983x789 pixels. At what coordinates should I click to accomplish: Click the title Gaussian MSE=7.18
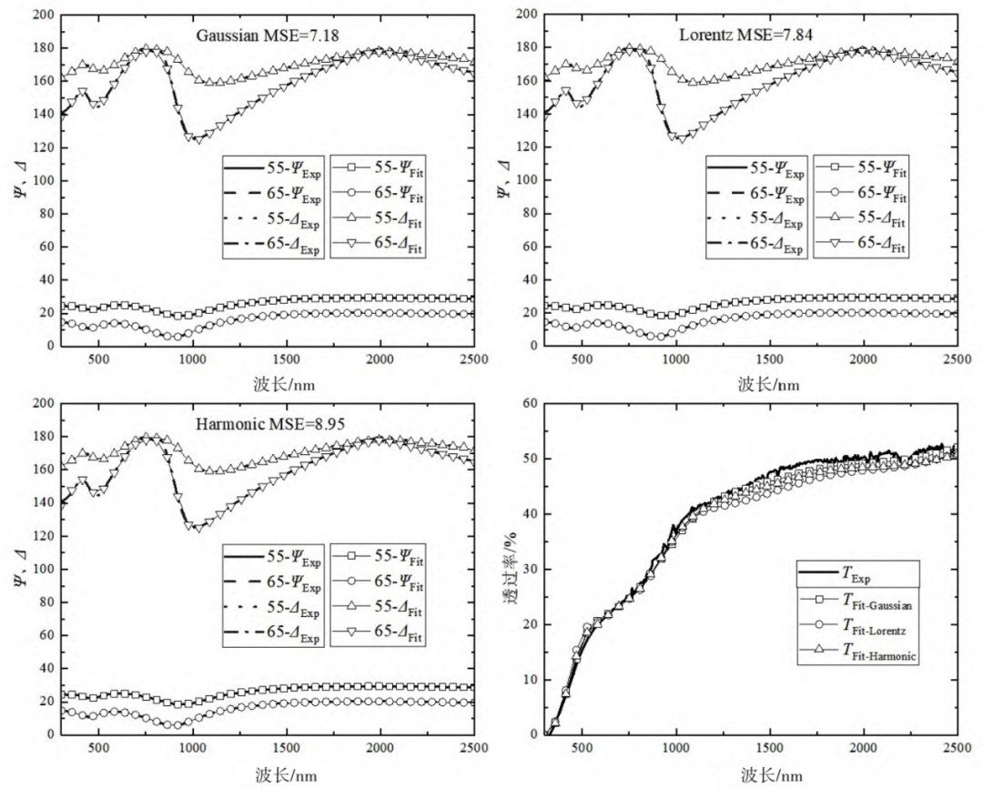tap(268, 35)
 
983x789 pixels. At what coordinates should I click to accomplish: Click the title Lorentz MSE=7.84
tap(746, 35)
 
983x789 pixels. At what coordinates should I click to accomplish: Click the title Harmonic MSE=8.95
tap(270, 424)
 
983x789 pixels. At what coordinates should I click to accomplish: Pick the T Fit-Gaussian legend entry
tap(856, 601)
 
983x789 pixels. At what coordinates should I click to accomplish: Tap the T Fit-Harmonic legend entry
tap(858, 651)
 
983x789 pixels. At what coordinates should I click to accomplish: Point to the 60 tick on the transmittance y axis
tap(530, 403)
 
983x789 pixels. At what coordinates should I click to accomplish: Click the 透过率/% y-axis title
tap(511, 568)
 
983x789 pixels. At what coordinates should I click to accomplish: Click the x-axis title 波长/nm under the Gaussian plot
tap(284, 383)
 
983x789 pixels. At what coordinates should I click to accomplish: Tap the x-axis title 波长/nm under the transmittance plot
tap(771, 775)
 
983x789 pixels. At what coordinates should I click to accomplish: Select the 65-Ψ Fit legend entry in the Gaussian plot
tap(378, 194)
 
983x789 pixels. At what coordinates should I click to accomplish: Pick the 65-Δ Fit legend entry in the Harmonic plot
tap(378, 632)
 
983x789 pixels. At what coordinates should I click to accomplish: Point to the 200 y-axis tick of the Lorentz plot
tap(527, 14)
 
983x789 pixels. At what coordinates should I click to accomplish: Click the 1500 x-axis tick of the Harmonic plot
tap(287, 748)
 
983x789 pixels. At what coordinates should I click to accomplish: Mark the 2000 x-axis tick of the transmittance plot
tap(863, 748)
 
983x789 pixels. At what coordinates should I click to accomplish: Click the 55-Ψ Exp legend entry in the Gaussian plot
tap(272, 168)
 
